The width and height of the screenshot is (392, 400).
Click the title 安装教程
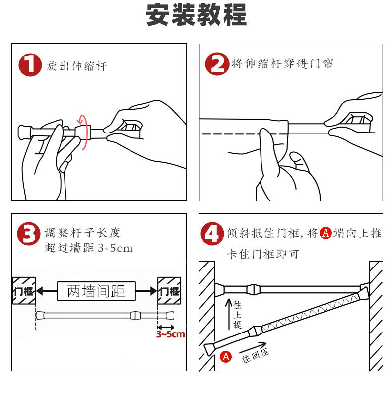coord(196,15)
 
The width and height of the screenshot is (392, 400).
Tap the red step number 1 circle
coord(30,65)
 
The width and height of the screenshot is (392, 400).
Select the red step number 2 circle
coord(217,64)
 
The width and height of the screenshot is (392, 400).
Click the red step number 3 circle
coord(29,234)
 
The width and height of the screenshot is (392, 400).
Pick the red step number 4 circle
coord(212,234)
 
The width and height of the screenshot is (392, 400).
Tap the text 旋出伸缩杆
coord(76,66)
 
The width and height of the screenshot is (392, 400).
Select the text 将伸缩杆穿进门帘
coord(282,63)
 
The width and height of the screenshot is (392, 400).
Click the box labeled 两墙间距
coord(96,291)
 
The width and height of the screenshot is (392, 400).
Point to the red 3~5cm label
coord(170,334)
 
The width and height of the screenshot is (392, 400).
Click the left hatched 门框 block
coord(24,291)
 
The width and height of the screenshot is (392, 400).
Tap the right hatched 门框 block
coord(169,291)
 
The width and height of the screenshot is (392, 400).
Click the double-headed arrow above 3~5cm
coord(166,327)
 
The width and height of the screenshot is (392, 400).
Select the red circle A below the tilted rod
coord(226,357)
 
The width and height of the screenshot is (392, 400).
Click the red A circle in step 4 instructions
coord(326,233)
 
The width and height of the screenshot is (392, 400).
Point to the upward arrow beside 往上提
coord(229,314)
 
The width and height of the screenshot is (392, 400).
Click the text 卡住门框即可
coord(263,254)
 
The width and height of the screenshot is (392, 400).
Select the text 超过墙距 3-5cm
coord(89,248)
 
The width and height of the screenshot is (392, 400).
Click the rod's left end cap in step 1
coord(24,132)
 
